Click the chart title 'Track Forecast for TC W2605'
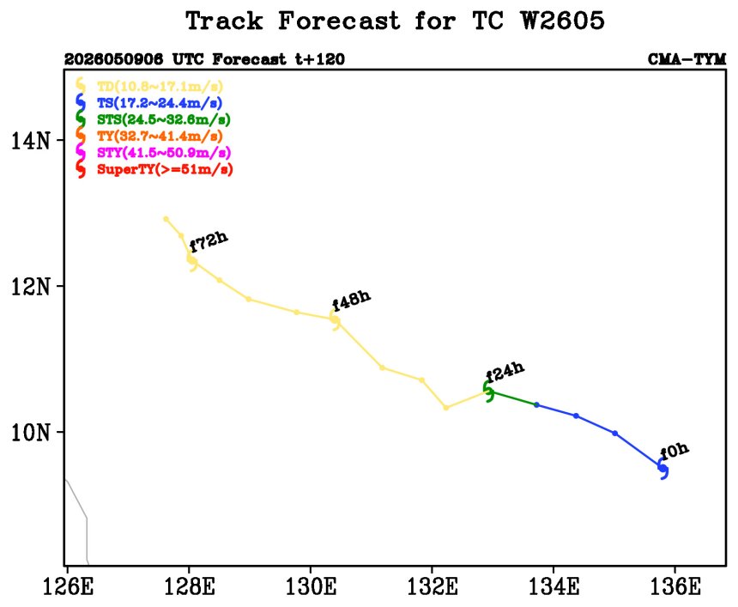point(395,21)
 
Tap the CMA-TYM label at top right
point(687,59)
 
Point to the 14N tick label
point(31,140)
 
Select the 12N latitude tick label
point(31,286)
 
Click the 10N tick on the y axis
point(31,432)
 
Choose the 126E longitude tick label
point(69,586)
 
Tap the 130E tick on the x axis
point(312,586)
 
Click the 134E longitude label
point(554,586)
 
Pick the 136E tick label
point(675,586)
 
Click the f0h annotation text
point(674,451)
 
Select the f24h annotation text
point(505,372)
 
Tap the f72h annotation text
point(209,241)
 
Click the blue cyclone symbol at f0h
point(663,469)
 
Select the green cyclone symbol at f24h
point(489,392)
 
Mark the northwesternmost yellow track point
point(166,219)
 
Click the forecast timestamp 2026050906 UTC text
point(127,59)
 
